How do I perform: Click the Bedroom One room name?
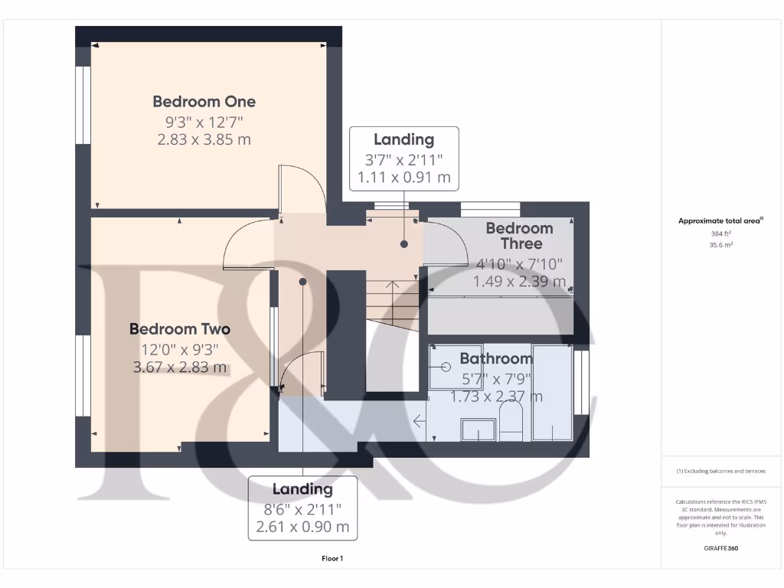click(204, 102)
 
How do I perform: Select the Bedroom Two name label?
click(179, 329)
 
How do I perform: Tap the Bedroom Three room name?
click(519, 236)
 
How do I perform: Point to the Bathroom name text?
click(495, 358)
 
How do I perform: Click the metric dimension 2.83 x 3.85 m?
click(204, 140)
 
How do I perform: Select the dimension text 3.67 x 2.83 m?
click(179, 367)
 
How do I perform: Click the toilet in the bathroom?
click(510, 422)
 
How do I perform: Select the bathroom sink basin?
click(478, 430)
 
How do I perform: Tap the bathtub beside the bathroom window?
click(552, 392)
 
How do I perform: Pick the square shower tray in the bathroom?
click(455, 367)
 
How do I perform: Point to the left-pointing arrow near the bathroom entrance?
click(419, 420)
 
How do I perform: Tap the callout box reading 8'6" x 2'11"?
click(302, 508)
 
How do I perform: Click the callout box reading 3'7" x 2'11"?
click(403, 158)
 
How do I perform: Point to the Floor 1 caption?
click(332, 559)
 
